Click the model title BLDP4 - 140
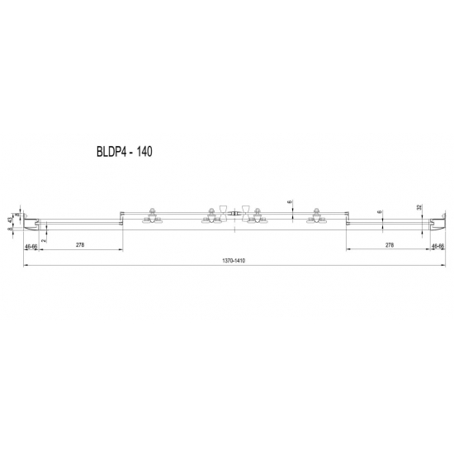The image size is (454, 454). (119, 152)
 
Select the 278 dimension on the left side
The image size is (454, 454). (80, 245)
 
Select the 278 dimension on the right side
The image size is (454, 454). (389, 245)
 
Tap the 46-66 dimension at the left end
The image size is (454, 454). (32, 246)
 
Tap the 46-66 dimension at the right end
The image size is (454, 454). (437, 246)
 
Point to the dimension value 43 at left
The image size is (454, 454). (10, 220)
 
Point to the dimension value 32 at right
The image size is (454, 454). (419, 207)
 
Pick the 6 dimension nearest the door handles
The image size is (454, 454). (290, 201)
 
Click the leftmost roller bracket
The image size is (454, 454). (152, 216)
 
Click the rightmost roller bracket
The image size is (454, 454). (314, 216)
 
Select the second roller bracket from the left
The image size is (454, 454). (207, 216)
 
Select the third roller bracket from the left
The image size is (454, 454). (258, 216)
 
